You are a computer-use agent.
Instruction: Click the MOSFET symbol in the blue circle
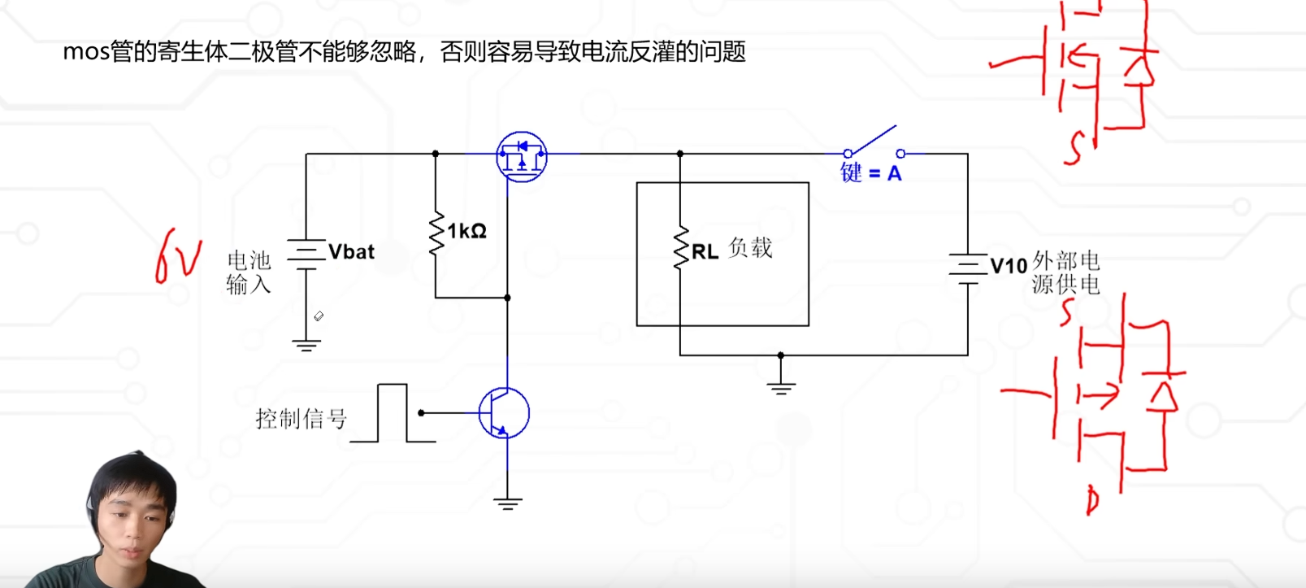pos(522,156)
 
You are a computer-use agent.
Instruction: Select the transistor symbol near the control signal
pos(504,413)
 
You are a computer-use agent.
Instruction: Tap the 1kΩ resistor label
pos(466,231)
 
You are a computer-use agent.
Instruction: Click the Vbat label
pos(351,252)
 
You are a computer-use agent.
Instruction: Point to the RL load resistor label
pos(705,252)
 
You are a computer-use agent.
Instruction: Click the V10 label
pos(1009,266)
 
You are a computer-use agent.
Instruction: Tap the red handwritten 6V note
pos(177,255)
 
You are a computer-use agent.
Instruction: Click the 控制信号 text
pos(301,419)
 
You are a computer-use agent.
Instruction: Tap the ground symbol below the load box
pos(780,387)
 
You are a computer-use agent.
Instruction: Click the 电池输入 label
pos(249,272)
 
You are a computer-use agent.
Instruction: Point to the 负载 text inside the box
pos(750,247)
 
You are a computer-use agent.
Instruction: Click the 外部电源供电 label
pos(1065,272)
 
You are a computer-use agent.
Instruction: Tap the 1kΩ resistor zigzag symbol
pos(436,233)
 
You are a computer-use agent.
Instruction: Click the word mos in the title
pos(85,52)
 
